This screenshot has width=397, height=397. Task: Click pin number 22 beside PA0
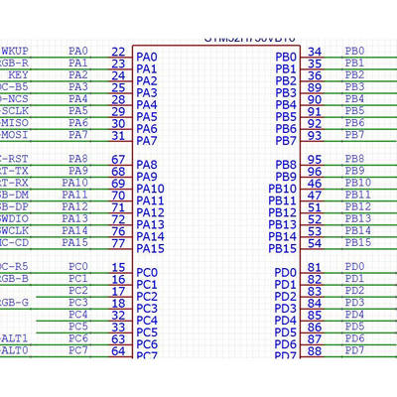click(118, 51)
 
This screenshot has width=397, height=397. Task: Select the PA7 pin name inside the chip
click(147, 141)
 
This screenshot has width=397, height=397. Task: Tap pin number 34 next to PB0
click(315, 52)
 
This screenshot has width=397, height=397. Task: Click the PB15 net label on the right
click(357, 242)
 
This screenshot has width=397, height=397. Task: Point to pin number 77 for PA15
click(118, 242)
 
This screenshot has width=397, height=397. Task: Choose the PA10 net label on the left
click(75, 183)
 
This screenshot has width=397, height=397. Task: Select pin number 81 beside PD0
click(315, 267)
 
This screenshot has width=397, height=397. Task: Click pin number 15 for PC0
click(118, 267)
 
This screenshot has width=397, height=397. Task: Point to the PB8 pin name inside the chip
click(286, 165)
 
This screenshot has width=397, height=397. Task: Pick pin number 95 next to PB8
click(315, 159)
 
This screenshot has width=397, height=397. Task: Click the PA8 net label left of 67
click(78, 159)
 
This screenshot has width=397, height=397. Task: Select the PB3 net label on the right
click(354, 86)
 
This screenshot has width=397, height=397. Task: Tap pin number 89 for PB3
click(315, 87)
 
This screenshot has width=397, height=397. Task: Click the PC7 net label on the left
click(78, 350)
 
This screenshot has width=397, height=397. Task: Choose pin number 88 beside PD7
click(315, 350)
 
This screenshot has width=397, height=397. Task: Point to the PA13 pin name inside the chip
click(150, 224)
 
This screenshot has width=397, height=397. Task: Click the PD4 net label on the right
click(354, 315)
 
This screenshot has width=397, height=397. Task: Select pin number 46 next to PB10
click(315, 183)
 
